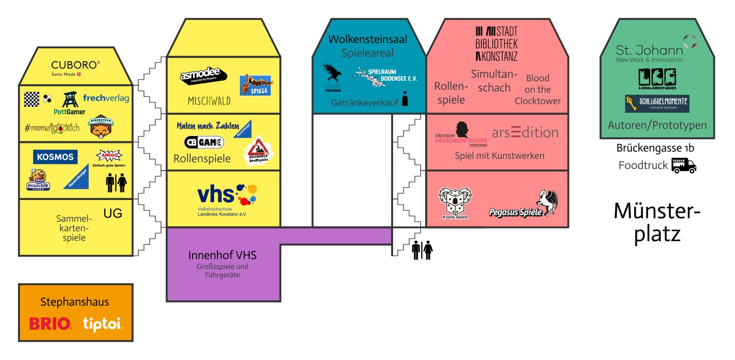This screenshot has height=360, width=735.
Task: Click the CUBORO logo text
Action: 76,65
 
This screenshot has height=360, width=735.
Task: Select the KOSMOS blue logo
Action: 56,157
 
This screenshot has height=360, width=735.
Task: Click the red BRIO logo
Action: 51,324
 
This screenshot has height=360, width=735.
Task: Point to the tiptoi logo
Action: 102,324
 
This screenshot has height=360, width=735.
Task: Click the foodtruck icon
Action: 684,165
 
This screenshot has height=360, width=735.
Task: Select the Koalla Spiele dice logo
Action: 455,203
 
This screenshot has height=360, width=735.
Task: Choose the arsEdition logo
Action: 525,133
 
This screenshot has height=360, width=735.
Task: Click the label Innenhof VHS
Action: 222,255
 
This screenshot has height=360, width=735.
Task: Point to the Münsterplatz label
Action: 657,223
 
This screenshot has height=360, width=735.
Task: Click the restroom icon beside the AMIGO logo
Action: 116,183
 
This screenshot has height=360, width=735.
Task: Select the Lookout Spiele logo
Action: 255,85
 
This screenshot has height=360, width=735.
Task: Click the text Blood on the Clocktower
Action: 537,89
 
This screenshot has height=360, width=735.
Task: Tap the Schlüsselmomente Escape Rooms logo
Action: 657,104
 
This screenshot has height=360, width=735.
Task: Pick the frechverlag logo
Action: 106,98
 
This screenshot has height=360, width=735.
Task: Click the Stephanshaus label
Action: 75,302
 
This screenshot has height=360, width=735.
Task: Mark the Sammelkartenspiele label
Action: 74,228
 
